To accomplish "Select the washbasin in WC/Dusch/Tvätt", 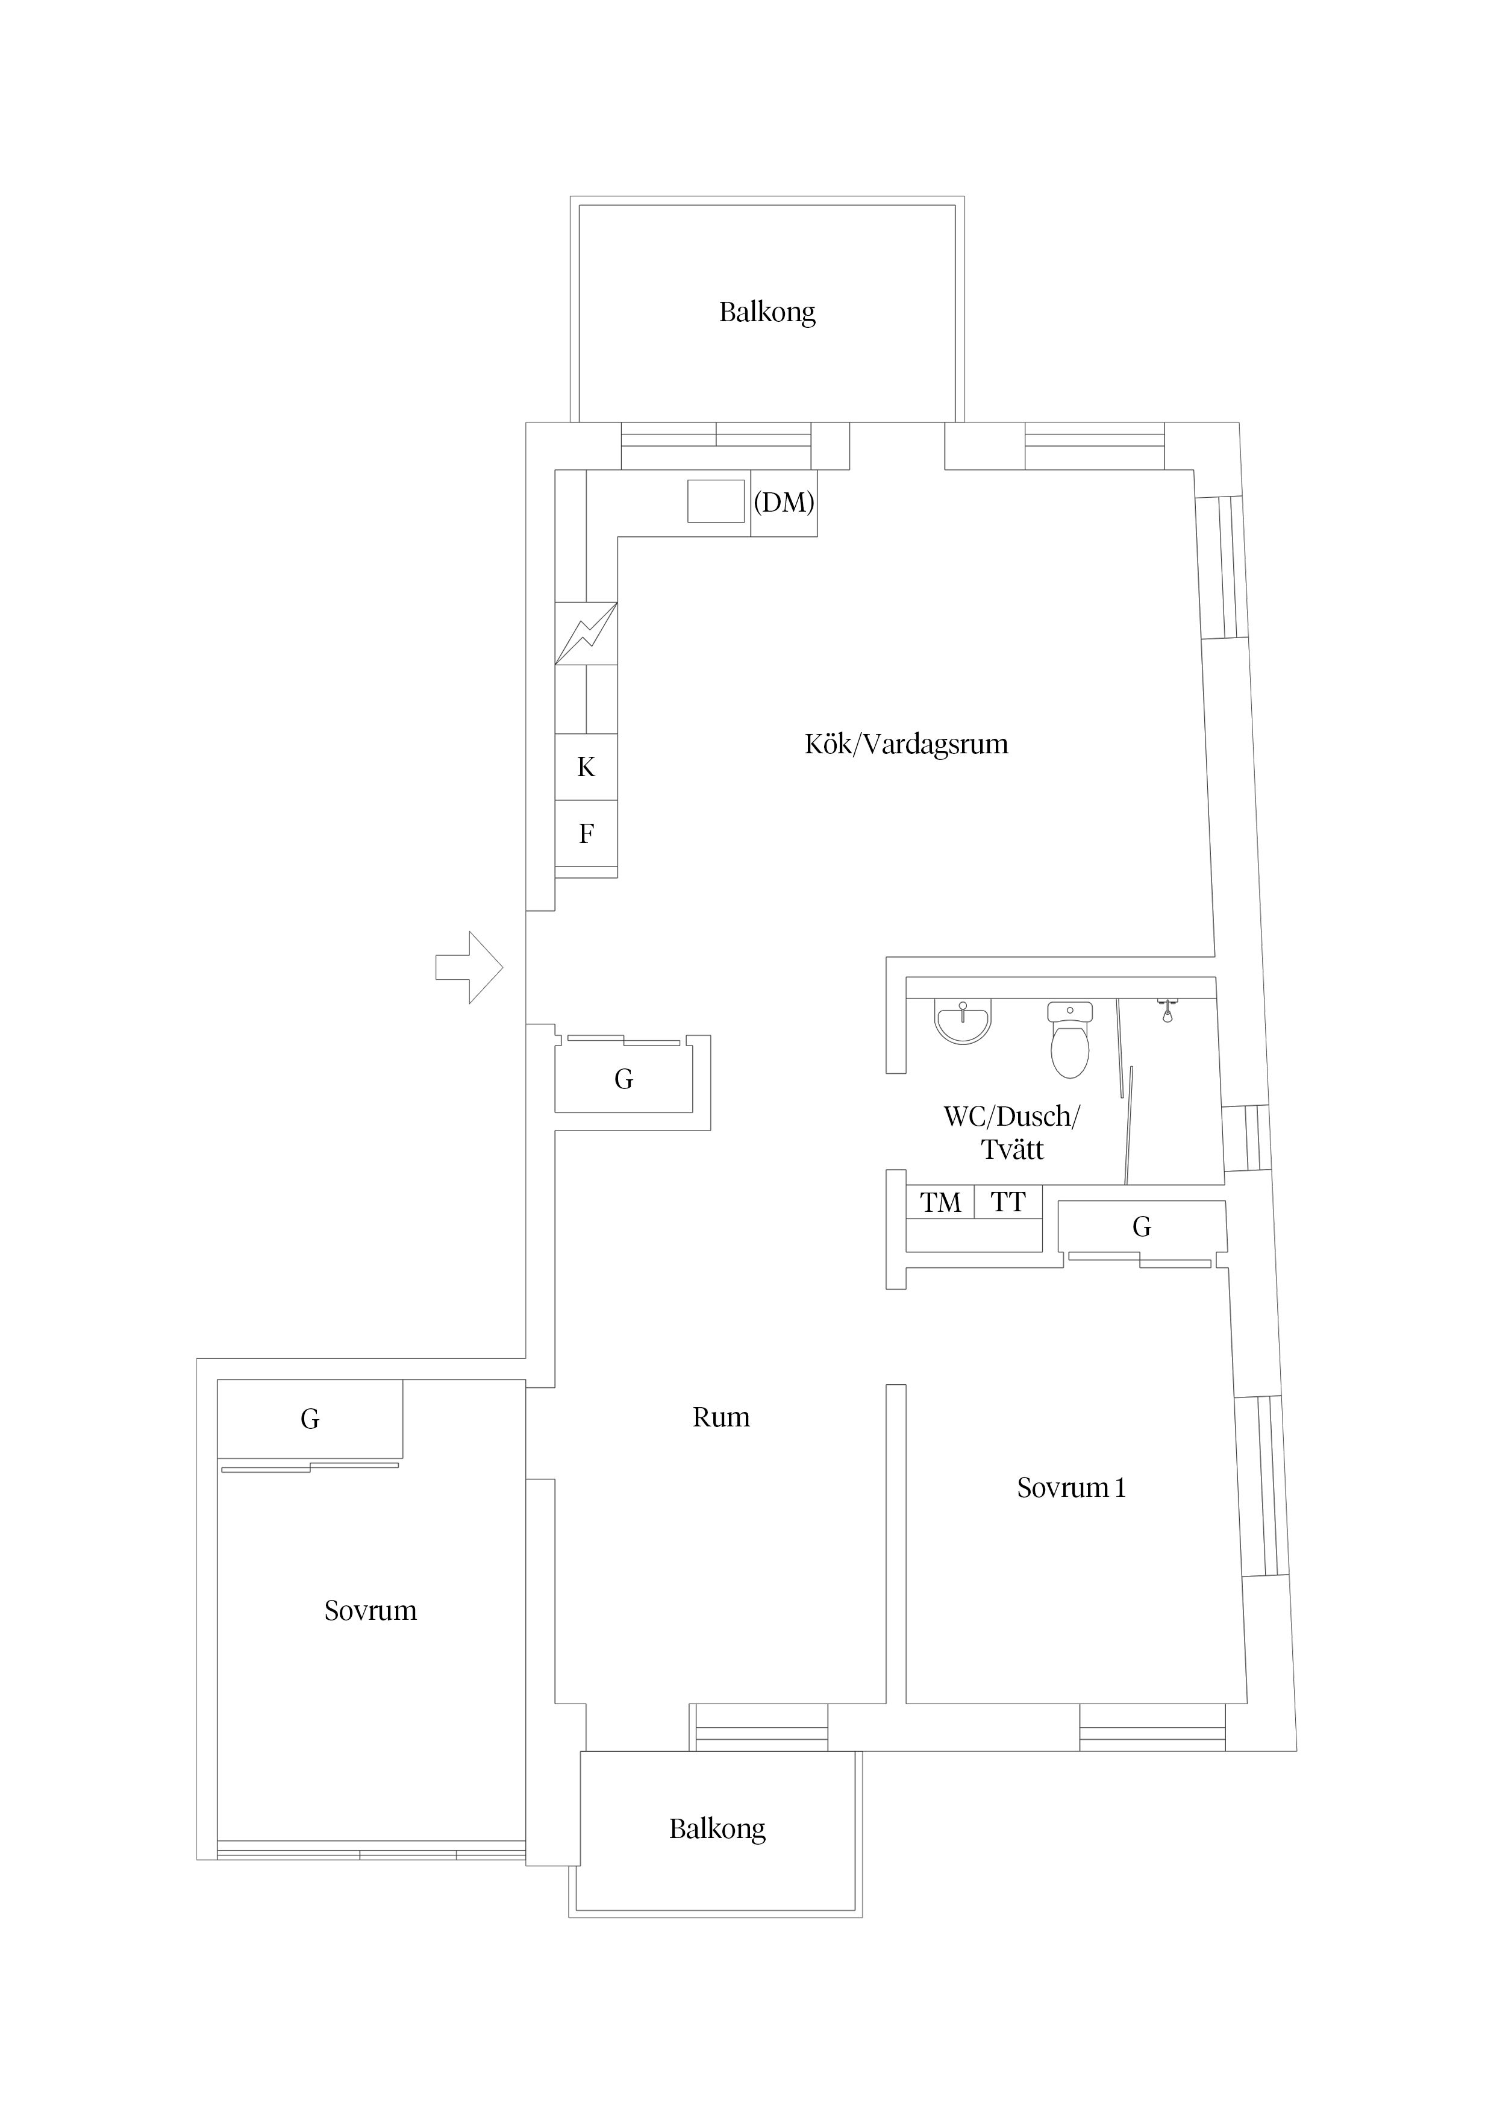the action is click(963, 1023).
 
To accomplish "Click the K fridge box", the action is click(586, 767).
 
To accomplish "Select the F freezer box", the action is click(586, 833).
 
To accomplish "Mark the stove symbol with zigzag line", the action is click(586, 633).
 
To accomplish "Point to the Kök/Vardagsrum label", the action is click(907, 744).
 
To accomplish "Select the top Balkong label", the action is click(767, 312).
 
